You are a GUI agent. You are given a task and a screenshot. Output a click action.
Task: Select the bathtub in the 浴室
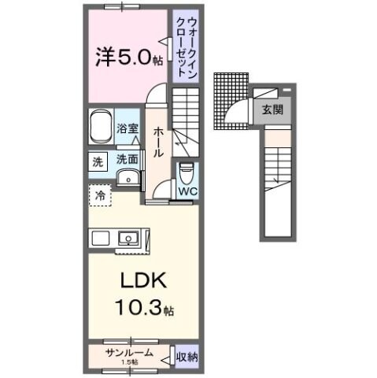pyautogui.click(x=100, y=126)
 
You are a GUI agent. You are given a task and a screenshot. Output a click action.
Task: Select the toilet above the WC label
pyautogui.click(x=186, y=171)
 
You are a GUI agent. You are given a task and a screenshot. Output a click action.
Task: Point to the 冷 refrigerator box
pyautogui.click(x=100, y=193)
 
